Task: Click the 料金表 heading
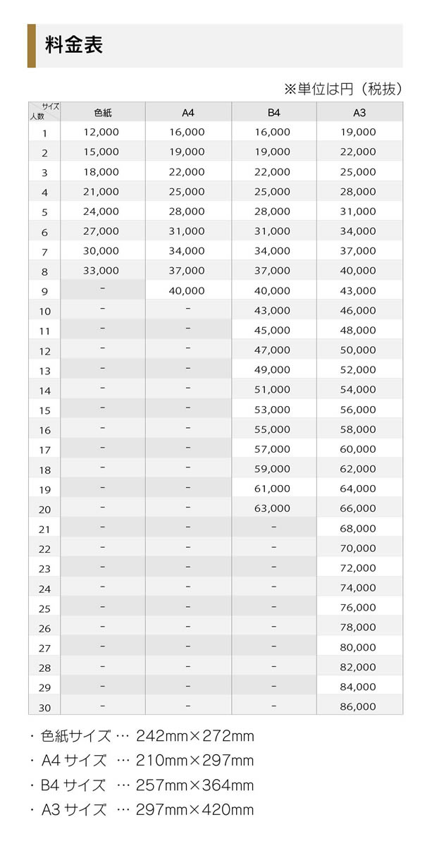click(x=74, y=46)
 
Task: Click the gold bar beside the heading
click(x=31, y=46)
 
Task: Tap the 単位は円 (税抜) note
click(x=343, y=89)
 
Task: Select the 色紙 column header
click(x=103, y=113)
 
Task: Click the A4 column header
click(x=188, y=113)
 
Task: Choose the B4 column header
click(x=273, y=113)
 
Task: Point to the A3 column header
click(x=359, y=113)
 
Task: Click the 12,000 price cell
click(x=101, y=132)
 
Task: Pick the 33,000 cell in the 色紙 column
click(x=101, y=271)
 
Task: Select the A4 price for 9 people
click(x=187, y=290)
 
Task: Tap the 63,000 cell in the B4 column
click(x=272, y=508)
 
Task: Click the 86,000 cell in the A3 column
click(x=358, y=706)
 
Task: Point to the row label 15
click(x=45, y=410)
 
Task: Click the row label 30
click(x=45, y=708)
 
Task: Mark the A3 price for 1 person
click(x=358, y=132)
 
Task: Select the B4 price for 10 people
click(x=272, y=310)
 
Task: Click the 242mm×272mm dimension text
click(x=195, y=737)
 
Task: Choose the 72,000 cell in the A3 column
click(x=358, y=568)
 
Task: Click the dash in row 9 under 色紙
click(x=103, y=288)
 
